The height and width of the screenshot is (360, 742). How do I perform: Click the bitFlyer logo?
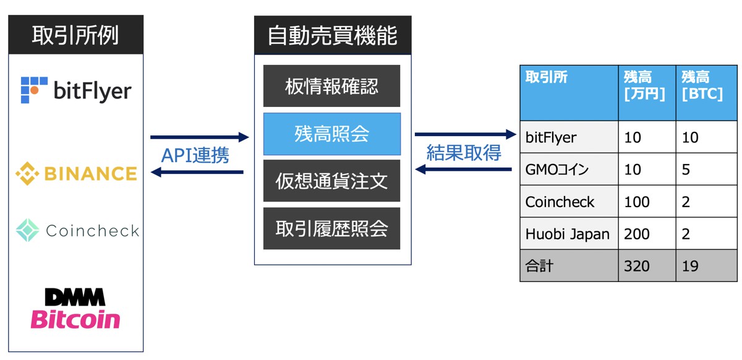[76, 91]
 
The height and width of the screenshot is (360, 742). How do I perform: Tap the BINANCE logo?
[76, 173]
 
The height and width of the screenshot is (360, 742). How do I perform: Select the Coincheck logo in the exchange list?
[77, 231]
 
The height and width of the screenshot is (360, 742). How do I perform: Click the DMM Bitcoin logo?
[75, 309]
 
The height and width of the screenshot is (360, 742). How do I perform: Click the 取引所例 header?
[75, 35]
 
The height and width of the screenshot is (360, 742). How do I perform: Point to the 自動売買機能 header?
[332, 35]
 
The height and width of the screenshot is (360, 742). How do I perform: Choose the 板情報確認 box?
[331, 86]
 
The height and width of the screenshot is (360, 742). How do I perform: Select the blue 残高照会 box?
[331, 134]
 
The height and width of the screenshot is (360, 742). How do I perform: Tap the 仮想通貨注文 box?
[331, 181]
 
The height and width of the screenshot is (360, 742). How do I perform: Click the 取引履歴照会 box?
[331, 228]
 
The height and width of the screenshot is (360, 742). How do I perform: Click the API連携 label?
[195, 155]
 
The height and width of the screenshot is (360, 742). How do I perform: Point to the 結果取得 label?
[464, 152]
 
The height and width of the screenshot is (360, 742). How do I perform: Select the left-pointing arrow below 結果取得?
[464, 169]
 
